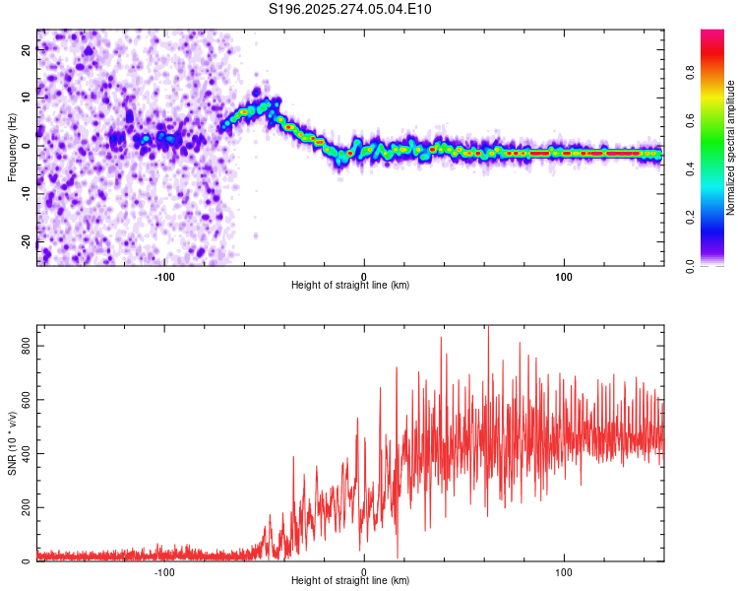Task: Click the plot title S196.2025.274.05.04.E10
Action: [350, 10]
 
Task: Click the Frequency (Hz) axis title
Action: [13, 148]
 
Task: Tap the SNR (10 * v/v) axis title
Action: [13, 443]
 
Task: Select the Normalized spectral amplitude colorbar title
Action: [731, 148]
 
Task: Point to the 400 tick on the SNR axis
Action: [25, 454]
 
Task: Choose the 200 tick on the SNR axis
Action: [25, 508]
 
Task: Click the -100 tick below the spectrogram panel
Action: [163, 276]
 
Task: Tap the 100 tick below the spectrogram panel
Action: [564, 276]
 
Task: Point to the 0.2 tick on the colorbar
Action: [716, 217]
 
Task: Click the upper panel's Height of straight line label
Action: [350, 285]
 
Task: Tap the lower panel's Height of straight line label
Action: [350, 581]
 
